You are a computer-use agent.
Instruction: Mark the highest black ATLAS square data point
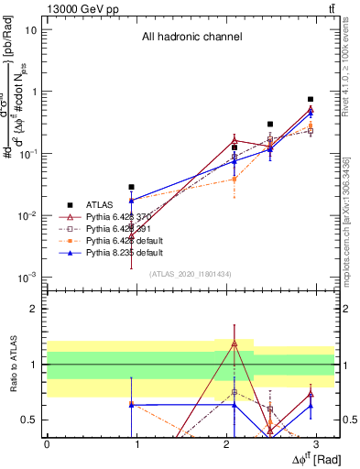click(x=311, y=99)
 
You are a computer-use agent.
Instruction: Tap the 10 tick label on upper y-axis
click(x=30, y=29)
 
